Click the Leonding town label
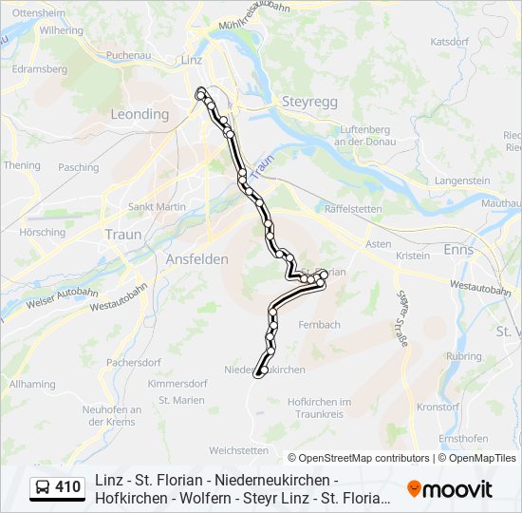pyautogui.click(x=140, y=114)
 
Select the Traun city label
pyautogui.click(x=123, y=235)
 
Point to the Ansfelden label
pyautogui.click(x=196, y=259)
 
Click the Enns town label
pyautogui.click(x=459, y=250)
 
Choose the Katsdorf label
pyautogui.click(x=450, y=42)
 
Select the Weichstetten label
pyautogui.click(x=238, y=449)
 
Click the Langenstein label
pyautogui.click(x=462, y=180)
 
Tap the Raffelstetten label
pyautogui.click(x=353, y=208)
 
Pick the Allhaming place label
pyautogui.click(x=32, y=384)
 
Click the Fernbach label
pyautogui.click(x=319, y=324)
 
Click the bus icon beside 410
pyautogui.click(x=43, y=487)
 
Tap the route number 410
pyautogui.click(x=68, y=487)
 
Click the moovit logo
pyautogui.click(x=450, y=489)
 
